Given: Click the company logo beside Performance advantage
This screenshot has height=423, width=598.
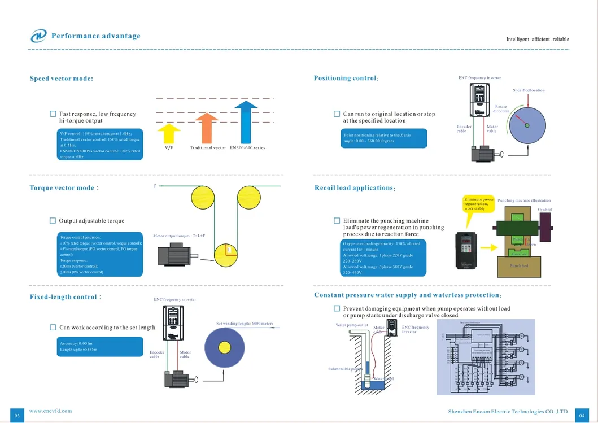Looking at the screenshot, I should point(39,36).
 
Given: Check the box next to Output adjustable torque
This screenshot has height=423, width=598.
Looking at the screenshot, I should point(53,221).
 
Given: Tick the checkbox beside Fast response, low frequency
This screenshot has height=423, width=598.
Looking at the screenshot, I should point(53,114).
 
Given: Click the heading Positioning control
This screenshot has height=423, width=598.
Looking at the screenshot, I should point(346,78).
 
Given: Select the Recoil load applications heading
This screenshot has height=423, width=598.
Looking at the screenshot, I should point(354,188).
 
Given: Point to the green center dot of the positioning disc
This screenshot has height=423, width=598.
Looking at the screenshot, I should point(527,125).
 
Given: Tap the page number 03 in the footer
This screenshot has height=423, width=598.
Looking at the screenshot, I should point(17,415).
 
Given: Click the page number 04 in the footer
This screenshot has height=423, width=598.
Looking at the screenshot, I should point(582,415).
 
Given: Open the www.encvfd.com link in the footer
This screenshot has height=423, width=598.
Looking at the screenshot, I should point(50,411).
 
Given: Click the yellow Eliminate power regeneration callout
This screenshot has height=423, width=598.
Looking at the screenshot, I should point(479,204).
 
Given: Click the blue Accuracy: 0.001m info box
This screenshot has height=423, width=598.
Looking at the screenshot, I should point(100,347).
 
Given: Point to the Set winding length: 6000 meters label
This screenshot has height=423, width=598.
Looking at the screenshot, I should point(245,324).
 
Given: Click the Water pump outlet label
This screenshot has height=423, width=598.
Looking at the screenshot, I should point(352,325).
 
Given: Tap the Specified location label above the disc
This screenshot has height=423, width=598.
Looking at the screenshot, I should point(529,90).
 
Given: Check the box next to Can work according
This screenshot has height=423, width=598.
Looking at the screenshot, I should point(53,328).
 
